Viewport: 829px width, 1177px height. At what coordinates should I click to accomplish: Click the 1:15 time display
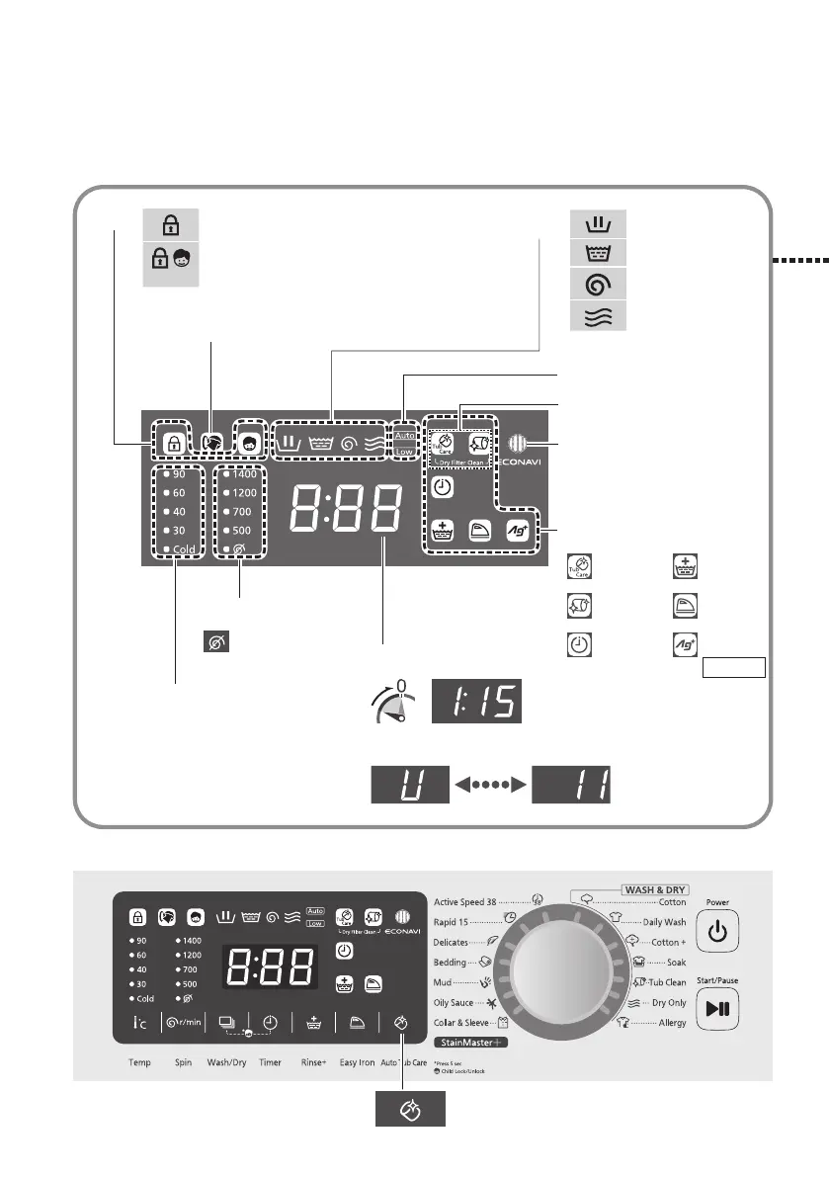click(x=478, y=702)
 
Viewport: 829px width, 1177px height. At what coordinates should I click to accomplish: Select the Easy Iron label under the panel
click(x=357, y=1064)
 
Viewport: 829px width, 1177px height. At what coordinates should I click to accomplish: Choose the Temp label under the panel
click(x=139, y=1064)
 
